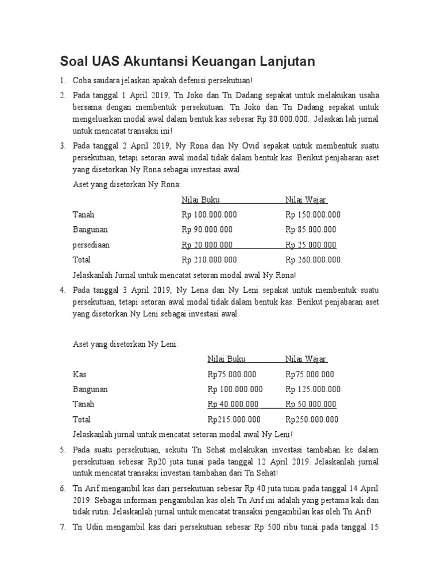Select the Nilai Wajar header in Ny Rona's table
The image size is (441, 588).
click(306, 200)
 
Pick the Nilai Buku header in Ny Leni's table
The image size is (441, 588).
click(227, 359)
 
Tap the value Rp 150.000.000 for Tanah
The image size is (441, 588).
click(313, 215)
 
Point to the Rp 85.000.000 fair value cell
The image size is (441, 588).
click(311, 230)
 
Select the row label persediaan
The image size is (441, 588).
click(91, 245)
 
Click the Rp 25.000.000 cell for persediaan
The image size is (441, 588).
click(311, 245)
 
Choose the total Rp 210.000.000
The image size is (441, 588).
click(209, 260)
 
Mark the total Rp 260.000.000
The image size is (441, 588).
click(314, 260)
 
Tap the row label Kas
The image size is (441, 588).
click(79, 374)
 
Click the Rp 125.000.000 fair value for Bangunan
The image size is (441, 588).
click(313, 389)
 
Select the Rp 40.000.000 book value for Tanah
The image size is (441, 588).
click(233, 404)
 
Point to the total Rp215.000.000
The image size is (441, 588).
click(234, 419)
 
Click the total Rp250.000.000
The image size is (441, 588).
click(312, 419)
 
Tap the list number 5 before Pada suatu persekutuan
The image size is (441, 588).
click(63, 449)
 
